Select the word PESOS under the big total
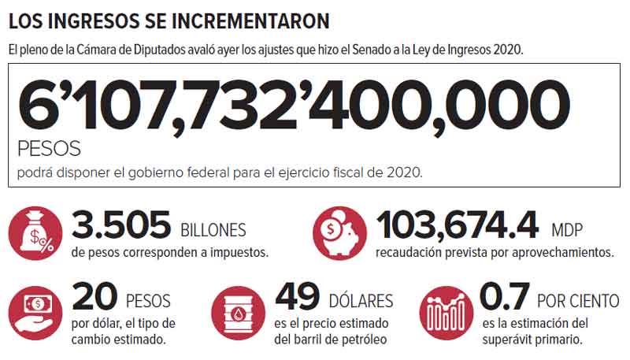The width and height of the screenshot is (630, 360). tap(48, 149)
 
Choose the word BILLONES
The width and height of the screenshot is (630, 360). tap(213, 231)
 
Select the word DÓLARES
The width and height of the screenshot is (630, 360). tap(361, 302)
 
